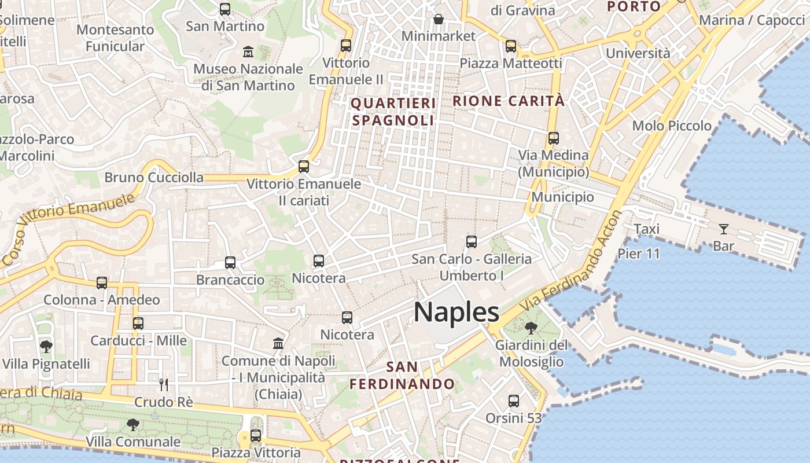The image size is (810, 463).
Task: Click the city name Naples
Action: [456, 313]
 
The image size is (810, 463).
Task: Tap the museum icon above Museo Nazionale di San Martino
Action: [248, 52]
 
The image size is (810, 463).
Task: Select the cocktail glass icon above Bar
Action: [723, 229]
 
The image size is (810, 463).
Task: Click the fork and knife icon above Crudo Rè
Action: [164, 384]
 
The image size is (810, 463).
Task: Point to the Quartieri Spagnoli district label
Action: [393, 112]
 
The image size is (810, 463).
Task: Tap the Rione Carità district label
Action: [509, 101]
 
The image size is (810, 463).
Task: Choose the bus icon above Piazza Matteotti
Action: [510, 46]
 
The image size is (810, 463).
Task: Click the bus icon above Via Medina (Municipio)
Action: [554, 138]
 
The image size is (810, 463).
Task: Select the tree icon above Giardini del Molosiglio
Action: [530, 328]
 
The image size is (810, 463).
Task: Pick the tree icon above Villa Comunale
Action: [133, 425]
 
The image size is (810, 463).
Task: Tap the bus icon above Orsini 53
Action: [513, 400]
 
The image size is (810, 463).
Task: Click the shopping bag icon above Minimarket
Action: [439, 20]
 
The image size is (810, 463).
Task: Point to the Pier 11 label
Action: [639, 253]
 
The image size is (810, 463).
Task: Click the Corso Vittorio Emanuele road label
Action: [69, 229]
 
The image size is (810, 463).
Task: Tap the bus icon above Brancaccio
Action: [230, 263]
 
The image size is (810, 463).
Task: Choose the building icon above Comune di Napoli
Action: [278, 343]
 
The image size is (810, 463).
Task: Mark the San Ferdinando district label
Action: [402, 375]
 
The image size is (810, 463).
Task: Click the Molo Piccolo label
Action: [672, 126]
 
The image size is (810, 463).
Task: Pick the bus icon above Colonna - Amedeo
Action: [102, 283]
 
